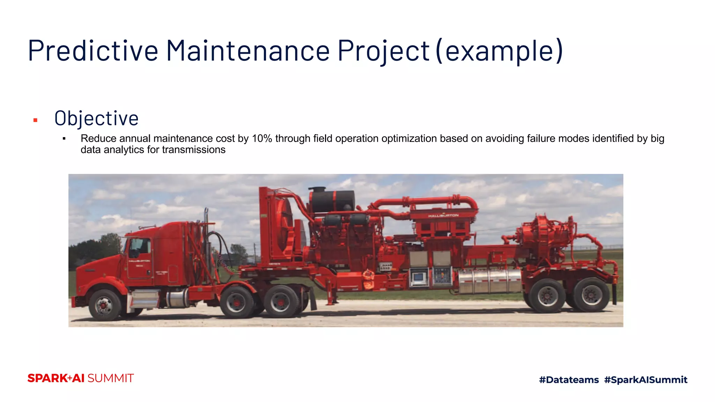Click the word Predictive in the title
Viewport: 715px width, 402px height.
coord(93,51)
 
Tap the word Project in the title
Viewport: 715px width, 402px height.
coord(383,51)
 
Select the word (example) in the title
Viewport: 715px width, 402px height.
coord(500,51)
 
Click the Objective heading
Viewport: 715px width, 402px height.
coord(96,118)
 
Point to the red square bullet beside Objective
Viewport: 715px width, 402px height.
coord(35,120)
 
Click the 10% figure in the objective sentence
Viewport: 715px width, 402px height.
coord(261,139)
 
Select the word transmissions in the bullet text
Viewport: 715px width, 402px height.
coord(193,150)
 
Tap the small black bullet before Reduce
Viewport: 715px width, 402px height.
coord(64,139)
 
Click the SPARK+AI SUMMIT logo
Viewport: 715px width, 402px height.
coord(81,378)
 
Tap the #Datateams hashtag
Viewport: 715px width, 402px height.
coord(569,380)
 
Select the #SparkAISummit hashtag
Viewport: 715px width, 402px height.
coord(646,380)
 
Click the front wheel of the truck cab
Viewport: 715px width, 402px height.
coord(104,305)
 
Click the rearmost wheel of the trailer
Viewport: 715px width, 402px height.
coord(591,295)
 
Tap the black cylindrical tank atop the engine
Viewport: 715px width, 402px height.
coord(332,201)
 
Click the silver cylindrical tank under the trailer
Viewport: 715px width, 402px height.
coord(489,281)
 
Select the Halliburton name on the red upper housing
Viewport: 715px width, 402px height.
coord(443,216)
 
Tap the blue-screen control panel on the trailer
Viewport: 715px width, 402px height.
coord(418,277)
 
